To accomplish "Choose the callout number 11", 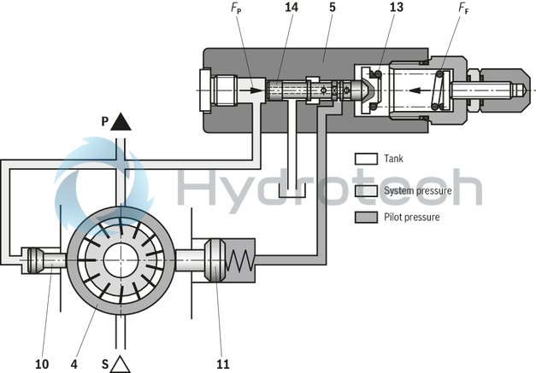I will (222, 363).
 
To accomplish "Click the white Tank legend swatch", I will (365, 158).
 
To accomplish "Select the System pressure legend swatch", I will (365, 189).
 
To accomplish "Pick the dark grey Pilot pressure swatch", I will (365, 217).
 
